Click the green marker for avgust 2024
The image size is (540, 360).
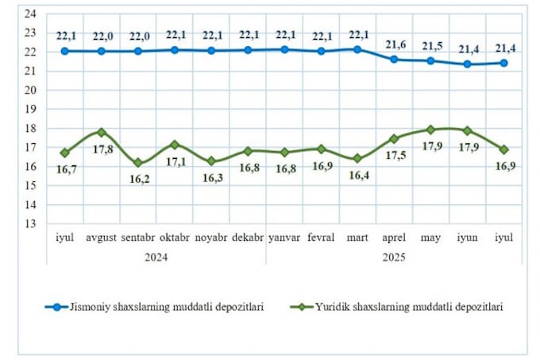[102, 132]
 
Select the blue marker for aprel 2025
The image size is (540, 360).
[394, 59]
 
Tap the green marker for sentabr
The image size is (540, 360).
[138, 162]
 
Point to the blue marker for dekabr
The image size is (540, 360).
[248, 49]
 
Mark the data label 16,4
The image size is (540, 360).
[357, 176]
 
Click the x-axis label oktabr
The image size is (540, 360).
[175, 238]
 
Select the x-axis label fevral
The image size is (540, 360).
[321, 238]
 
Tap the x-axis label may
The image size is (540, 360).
[430, 238]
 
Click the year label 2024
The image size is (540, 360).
[156, 257]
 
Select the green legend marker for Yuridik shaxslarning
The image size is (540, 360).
[300, 306]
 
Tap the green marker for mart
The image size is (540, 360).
[357, 158]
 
